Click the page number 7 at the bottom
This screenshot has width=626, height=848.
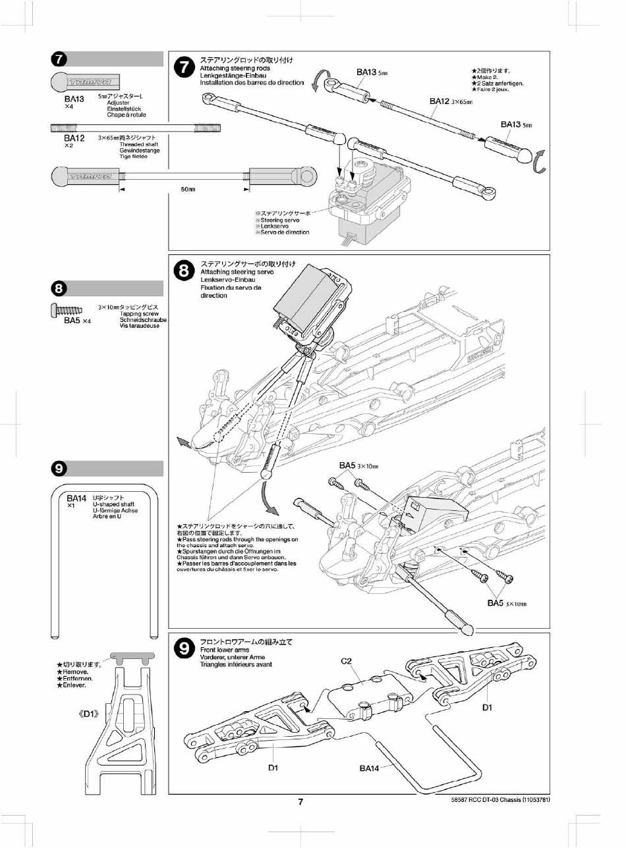300,801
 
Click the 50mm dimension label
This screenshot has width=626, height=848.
188,190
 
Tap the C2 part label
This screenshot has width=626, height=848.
348,661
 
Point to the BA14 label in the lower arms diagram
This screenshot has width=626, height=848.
370,768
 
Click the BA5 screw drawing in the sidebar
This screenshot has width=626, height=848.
66,308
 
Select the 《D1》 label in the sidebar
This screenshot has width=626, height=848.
89,713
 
